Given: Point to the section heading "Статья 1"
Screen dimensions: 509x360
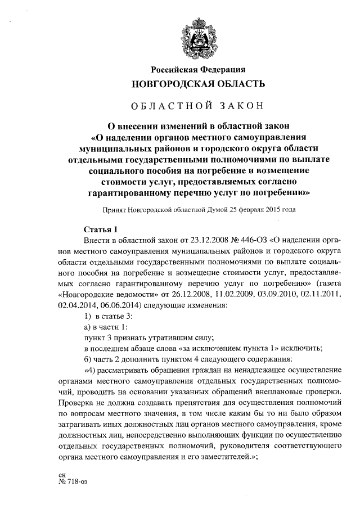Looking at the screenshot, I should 100,229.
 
